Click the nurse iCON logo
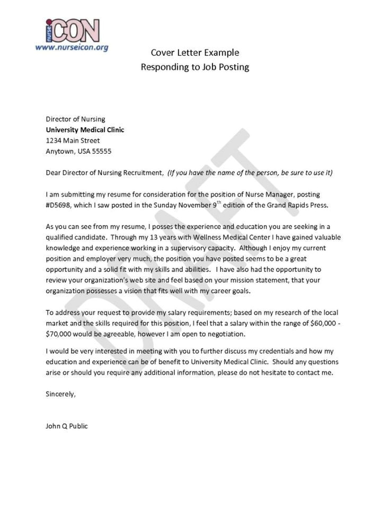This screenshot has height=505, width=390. pos(72,31)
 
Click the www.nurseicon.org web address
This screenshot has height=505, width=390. pos(72,47)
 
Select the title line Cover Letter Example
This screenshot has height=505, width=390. pos(194,53)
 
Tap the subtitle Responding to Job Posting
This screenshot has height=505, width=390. pos(194,67)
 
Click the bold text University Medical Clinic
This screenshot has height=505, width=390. pos(85,130)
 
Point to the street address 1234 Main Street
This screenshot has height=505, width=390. pos(73,141)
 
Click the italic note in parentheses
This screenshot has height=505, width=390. pos(250,173)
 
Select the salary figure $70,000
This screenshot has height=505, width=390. pos(63,334)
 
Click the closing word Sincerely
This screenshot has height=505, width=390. pos(61,394)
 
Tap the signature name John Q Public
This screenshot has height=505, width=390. pos(67,426)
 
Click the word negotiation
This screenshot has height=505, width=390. pos(225,334)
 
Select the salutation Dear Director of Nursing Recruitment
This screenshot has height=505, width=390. pos(104,173)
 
